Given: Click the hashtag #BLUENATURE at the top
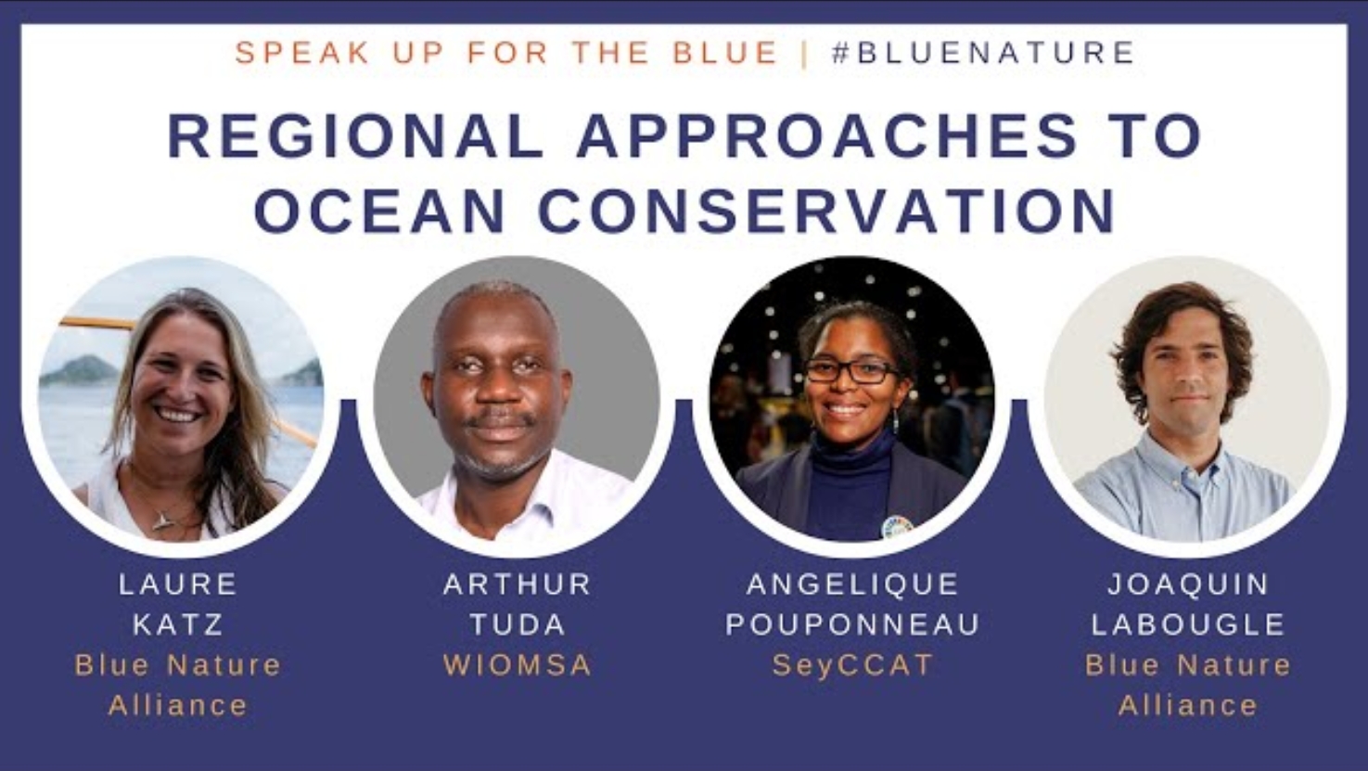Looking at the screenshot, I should (x=982, y=53).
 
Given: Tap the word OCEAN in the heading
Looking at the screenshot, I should (x=380, y=211).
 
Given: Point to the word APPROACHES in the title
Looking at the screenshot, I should (x=826, y=135).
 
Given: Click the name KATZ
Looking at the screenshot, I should (x=178, y=624).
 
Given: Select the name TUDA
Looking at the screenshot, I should (x=518, y=624).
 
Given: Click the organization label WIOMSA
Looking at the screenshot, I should (x=518, y=665).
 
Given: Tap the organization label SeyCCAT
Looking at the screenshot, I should (x=852, y=665).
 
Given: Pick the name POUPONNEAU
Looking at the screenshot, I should (x=852, y=624).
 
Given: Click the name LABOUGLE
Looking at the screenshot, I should (x=1188, y=624).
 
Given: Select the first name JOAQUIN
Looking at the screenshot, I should (x=1188, y=584).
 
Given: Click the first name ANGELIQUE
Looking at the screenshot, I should (x=852, y=584).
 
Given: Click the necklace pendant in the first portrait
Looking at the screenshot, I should (x=162, y=520).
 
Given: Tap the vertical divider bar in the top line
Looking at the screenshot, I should (x=804, y=53).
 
